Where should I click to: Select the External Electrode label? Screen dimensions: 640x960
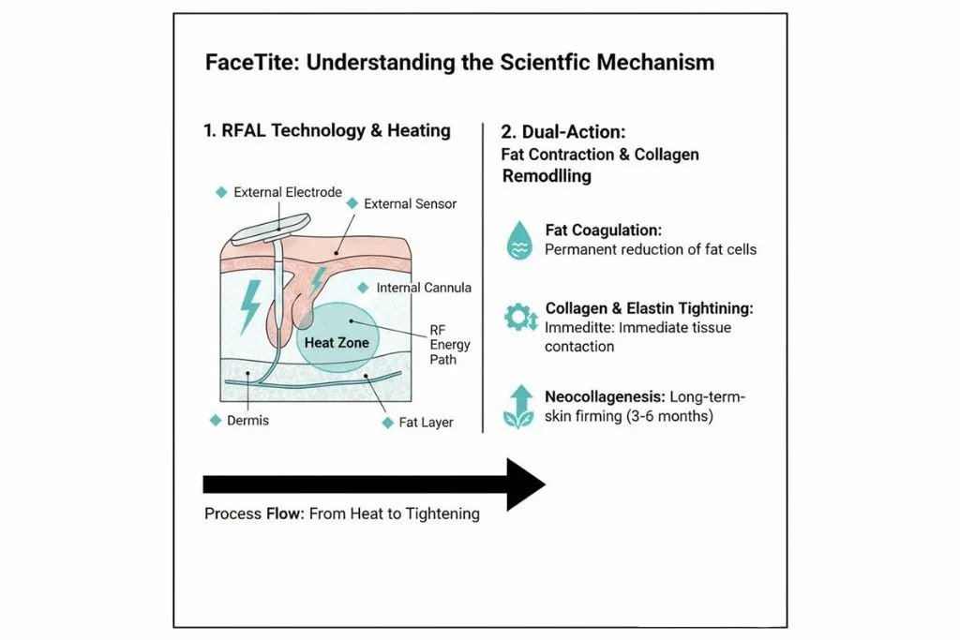click(x=288, y=192)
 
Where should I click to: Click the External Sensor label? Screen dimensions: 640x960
click(x=410, y=203)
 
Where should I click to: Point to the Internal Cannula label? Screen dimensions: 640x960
click(x=424, y=288)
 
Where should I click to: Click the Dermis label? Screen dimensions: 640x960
click(x=247, y=421)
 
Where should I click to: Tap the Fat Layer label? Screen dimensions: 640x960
click(x=426, y=423)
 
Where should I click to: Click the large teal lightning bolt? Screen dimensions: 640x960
click(x=251, y=305)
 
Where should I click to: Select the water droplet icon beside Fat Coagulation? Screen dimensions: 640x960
click(x=515, y=240)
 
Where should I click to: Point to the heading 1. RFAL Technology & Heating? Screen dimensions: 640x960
click(x=326, y=131)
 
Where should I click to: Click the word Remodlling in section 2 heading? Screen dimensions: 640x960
click(x=547, y=175)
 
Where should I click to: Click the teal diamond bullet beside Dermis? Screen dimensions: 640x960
click(x=215, y=421)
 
